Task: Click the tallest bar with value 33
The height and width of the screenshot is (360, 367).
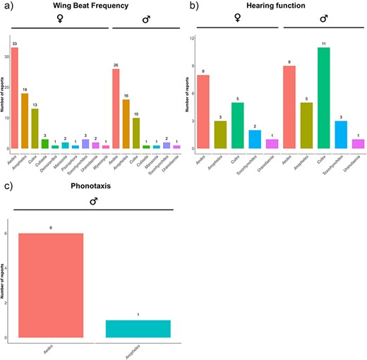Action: click(15, 98)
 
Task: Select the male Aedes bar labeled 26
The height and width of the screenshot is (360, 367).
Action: click(115, 109)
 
